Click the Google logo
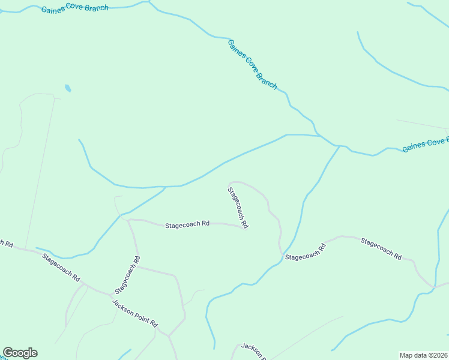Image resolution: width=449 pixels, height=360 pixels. (x=20, y=353)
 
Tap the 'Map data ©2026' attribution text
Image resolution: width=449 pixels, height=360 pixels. (x=424, y=355)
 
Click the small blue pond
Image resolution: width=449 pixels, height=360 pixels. (x=68, y=89)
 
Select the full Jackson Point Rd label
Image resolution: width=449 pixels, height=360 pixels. (x=134, y=312)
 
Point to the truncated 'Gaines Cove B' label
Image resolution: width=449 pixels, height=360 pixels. (x=425, y=145)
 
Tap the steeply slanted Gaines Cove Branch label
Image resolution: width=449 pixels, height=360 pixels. (x=252, y=64)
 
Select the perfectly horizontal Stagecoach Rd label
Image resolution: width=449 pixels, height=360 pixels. (x=187, y=224)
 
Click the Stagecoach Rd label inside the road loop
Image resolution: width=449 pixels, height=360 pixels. (x=238, y=208)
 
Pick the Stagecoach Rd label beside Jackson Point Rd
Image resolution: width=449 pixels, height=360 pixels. (x=127, y=275)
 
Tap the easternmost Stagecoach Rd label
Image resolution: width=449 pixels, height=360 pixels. (x=381, y=248)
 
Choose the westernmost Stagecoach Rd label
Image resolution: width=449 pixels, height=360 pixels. (x=61, y=267)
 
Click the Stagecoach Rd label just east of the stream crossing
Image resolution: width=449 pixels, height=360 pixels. (x=305, y=253)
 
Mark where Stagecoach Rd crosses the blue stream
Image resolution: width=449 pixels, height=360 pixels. (x=283, y=257)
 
